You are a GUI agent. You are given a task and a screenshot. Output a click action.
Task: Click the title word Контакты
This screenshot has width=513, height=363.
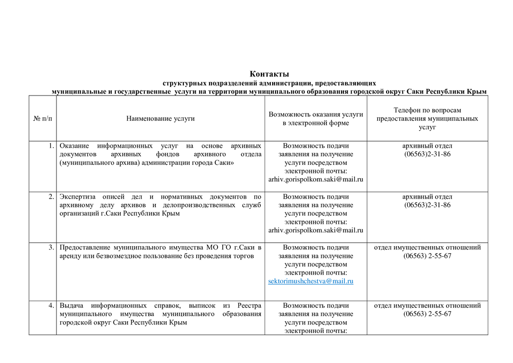pyautogui.click(x=269, y=74)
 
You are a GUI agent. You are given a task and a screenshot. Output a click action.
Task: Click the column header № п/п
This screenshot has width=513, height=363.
pyautogui.click(x=43, y=119)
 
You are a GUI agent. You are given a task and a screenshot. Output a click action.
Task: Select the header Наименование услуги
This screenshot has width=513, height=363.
pyautogui.click(x=161, y=119)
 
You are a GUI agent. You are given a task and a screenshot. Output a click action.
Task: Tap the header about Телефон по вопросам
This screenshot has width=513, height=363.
pyautogui.click(x=427, y=110)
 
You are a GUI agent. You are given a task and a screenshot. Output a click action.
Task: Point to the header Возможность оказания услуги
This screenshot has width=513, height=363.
pyautogui.click(x=316, y=115)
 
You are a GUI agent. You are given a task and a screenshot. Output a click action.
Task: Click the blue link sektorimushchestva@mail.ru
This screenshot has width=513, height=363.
pyautogui.click(x=311, y=281)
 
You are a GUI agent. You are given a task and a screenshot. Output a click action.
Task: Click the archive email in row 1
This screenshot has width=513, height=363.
pyautogui.click(x=316, y=180)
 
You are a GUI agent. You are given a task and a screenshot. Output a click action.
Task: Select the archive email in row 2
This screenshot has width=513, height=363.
pyautogui.click(x=316, y=230)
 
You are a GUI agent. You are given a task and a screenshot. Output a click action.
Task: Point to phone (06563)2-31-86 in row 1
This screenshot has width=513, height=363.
pyautogui.click(x=427, y=154)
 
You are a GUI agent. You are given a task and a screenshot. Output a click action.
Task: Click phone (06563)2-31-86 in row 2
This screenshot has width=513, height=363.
pyautogui.click(x=427, y=205)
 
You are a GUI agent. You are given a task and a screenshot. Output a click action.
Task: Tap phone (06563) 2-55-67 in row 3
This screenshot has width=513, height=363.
pyautogui.click(x=427, y=256)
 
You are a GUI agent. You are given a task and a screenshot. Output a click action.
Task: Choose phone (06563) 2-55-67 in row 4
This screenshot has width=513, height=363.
pyautogui.click(x=427, y=314)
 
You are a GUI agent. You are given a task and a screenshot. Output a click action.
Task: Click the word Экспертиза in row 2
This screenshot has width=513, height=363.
pyautogui.click(x=77, y=197)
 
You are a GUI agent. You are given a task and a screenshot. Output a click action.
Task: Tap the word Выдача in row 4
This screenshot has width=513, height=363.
pyautogui.click(x=72, y=306)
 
